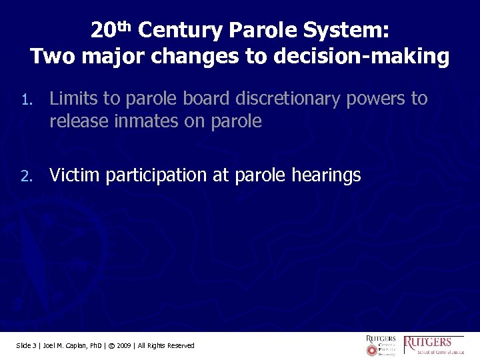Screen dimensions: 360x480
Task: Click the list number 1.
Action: click(25, 101)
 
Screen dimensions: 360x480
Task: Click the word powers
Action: click(375, 99)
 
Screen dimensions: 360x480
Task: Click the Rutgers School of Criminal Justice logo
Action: click(434, 345)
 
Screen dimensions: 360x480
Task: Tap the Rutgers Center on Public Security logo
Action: click(381, 345)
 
